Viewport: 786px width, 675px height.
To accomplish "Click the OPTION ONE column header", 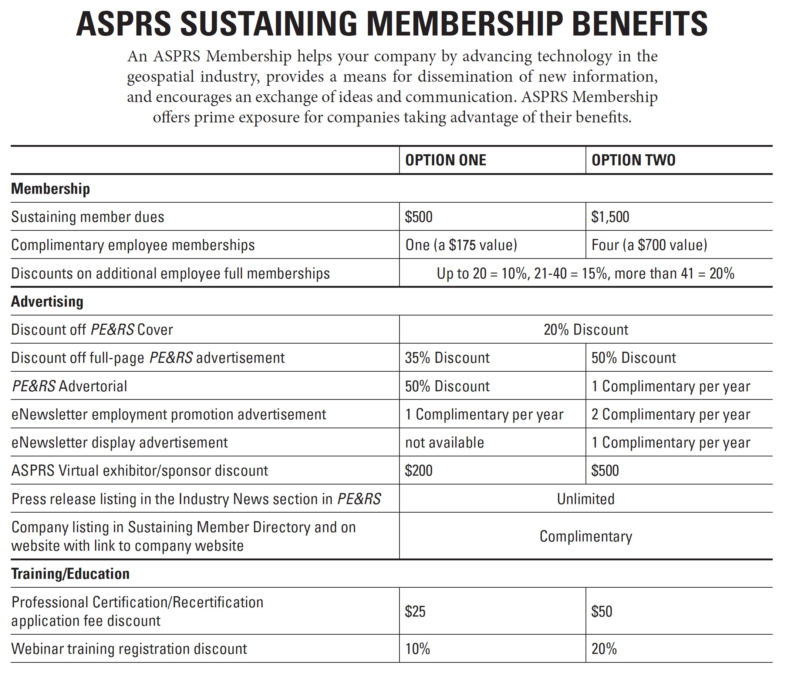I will point(445,160).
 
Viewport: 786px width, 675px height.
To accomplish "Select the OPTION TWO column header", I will point(633,160).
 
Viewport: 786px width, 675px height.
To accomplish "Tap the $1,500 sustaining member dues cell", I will point(610,217).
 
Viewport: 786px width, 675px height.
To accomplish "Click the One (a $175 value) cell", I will point(461,245).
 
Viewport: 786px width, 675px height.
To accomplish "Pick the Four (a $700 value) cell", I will point(649,245).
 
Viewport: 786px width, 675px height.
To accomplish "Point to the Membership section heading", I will point(50,189).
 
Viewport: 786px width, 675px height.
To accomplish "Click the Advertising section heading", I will point(47,302).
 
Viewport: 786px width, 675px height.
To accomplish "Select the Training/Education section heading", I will point(70,574).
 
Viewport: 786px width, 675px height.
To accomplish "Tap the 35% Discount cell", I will point(447,358).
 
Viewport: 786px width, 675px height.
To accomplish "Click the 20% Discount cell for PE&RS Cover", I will point(586,330).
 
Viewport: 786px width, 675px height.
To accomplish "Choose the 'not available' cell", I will point(444,443).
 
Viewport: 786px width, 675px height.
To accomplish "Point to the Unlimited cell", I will point(586,499).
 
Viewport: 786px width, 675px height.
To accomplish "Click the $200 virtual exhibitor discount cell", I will point(418,471).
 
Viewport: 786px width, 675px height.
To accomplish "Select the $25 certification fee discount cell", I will point(415,612).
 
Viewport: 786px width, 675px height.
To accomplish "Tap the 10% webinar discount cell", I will point(417,649).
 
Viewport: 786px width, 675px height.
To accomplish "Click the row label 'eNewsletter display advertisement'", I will point(119,443).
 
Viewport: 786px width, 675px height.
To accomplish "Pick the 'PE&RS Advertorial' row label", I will point(70,386).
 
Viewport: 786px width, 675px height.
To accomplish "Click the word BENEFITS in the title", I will point(640,24).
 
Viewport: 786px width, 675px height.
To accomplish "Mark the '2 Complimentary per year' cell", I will point(671,415).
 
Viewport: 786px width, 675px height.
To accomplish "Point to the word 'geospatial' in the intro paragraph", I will point(160,77).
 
